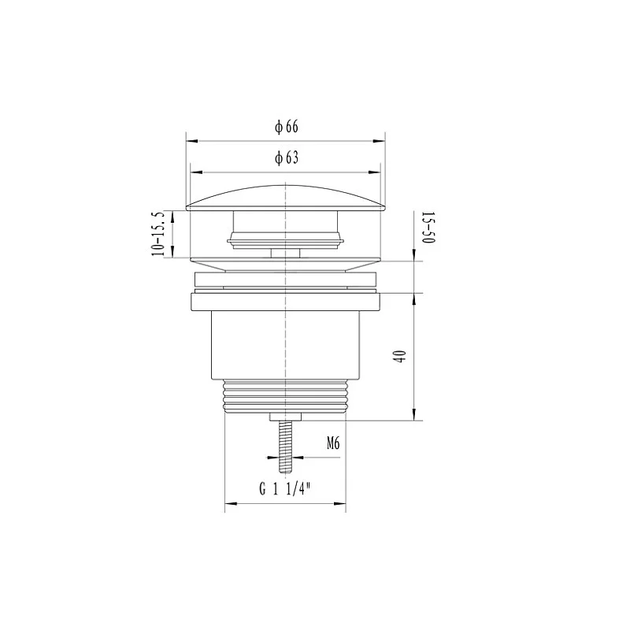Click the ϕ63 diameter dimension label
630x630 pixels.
(286, 158)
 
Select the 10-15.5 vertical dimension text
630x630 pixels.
(159, 232)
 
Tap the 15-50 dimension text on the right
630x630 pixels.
(428, 228)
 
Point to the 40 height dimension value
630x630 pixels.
(402, 357)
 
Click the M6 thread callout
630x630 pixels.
(332, 444)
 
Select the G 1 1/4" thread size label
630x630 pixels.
(285, 488)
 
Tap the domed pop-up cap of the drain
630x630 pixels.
(286, 198)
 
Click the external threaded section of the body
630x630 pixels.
(286, 398)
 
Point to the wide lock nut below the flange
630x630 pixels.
(286, 302)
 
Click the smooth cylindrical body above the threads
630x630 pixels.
(286, 346)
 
